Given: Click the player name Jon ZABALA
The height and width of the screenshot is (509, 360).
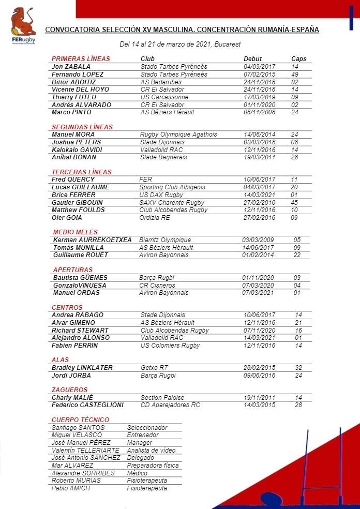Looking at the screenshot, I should (x=71, y=67).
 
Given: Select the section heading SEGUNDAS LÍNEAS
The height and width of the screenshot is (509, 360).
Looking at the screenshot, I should (x=82, y=127).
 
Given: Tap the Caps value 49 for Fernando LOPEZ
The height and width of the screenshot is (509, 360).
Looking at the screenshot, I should (x=295, y=74).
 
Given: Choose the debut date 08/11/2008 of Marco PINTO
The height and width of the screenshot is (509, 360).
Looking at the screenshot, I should (x=259, y=112).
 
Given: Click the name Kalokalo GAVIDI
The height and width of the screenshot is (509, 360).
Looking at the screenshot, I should (x=77, y=149).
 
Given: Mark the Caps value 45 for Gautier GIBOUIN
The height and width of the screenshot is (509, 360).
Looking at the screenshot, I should (x=294, y=202).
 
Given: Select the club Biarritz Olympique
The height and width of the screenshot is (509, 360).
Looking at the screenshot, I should (x=165, y=240).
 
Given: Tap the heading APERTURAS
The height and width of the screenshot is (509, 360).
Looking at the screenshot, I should (x=73, y=270).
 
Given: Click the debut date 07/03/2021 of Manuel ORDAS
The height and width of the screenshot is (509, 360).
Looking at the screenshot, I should (x=258, y=293).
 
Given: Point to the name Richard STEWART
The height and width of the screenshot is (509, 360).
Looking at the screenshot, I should (x=80, y=330).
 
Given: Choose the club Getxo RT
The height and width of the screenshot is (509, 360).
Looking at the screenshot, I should (x=154, y=368).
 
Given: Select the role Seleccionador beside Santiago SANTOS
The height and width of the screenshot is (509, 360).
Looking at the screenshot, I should (x=147, y=428).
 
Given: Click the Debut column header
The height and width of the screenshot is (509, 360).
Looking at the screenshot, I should (x=253, y=59).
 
